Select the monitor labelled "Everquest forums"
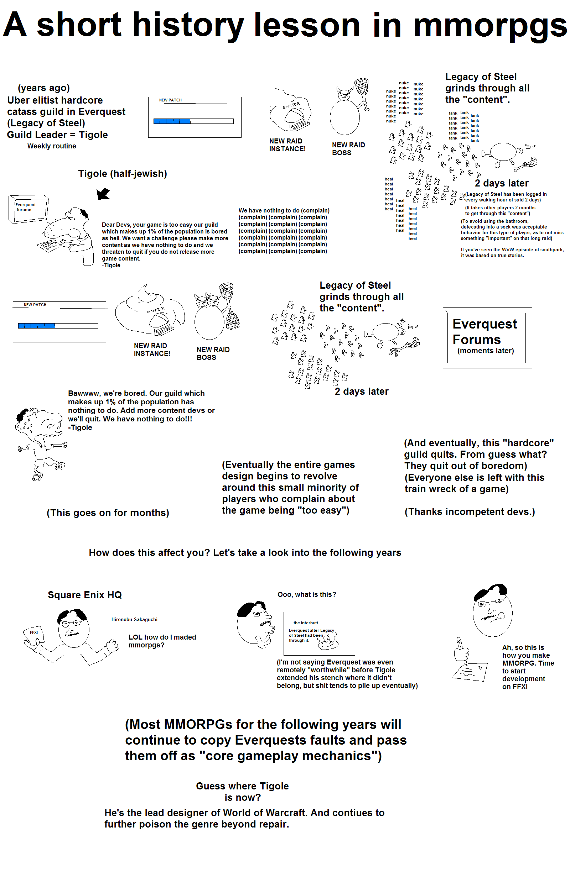point(28,209)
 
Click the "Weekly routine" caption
point(52,146)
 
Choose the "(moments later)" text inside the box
point(485,351)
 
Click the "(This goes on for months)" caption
point(108,513)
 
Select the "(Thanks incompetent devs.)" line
point(470,512)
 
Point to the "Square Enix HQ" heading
point(85,595)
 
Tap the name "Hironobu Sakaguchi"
point(134,620)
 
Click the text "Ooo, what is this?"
point(306,595)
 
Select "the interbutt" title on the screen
point(305,623)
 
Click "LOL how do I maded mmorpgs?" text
point(162,641)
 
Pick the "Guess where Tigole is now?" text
point(242,792)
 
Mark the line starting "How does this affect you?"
point(245,553)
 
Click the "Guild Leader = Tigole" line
point(57,135)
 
